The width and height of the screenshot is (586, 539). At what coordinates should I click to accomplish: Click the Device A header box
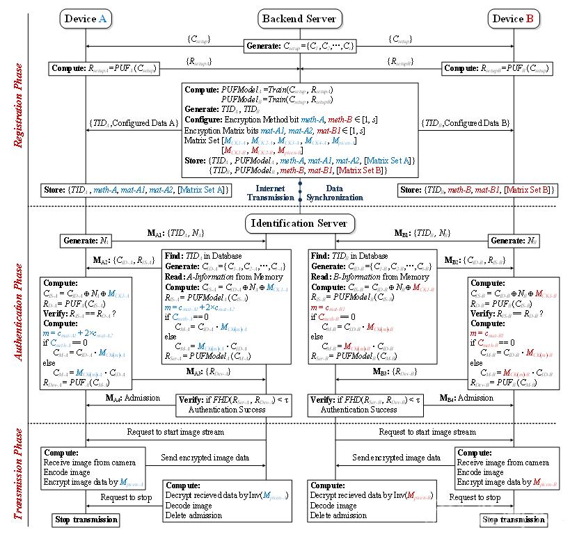85,19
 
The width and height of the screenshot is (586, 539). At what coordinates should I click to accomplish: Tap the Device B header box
513,19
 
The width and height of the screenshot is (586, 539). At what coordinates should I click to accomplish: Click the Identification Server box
299,223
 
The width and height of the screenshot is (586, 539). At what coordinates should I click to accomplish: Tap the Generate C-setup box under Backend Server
299,47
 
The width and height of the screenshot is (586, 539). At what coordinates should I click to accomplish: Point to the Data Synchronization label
335,193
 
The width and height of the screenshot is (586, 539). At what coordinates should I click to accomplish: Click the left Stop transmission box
86,520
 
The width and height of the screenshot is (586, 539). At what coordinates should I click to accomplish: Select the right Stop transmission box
513,520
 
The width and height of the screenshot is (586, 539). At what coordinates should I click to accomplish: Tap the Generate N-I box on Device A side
86,241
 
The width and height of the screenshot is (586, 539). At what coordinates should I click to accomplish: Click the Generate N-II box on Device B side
513,241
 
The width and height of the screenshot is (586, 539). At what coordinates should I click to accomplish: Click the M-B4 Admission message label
467,398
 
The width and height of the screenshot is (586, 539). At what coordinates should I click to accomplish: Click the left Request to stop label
126,497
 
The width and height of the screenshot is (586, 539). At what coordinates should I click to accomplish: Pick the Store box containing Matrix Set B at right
477,190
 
